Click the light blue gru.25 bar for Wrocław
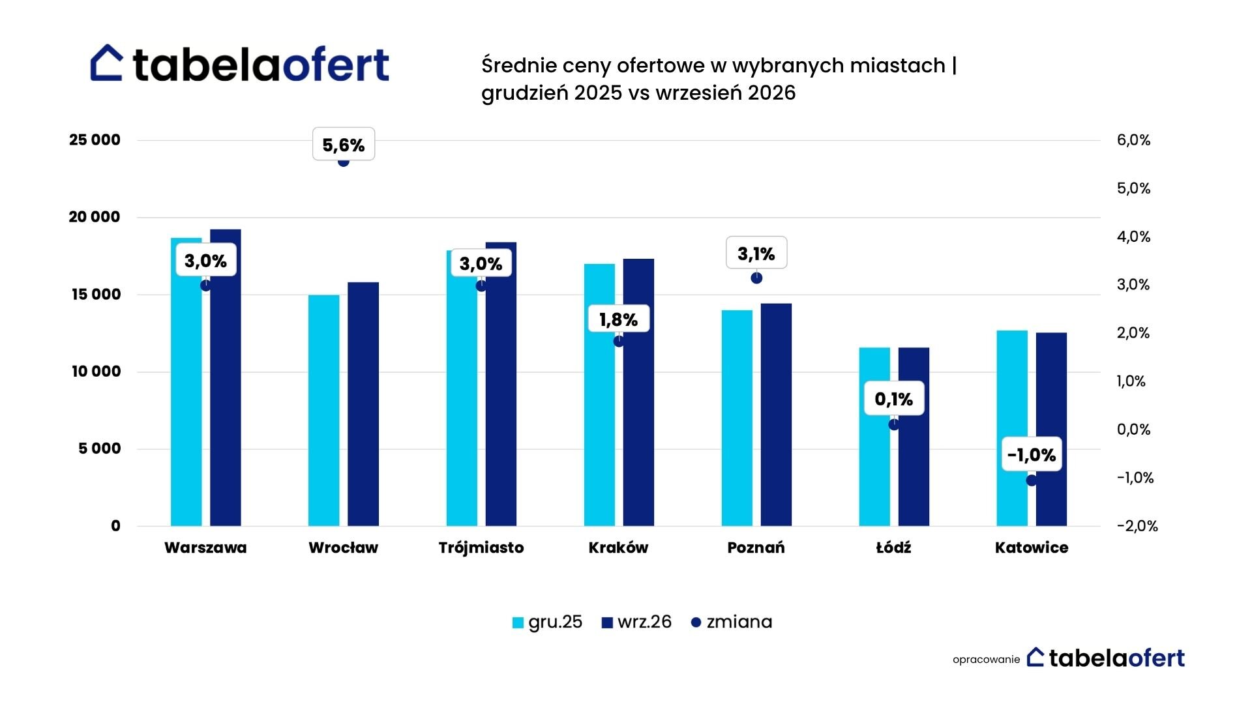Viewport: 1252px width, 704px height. tap(324, 411)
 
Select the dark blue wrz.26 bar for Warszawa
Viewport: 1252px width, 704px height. tap(226, 377)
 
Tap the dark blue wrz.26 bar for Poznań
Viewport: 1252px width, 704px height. tap(776, 415)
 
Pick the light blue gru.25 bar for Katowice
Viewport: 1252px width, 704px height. tap(1012, 428)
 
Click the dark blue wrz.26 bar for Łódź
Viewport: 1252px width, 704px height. tap(914, 437)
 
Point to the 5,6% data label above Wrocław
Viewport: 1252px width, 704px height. tap(344, 144)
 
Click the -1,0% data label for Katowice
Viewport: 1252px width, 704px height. tap(1032, 454)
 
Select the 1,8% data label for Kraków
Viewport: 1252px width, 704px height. tap(619, 319)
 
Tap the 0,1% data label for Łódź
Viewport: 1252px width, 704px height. tap(894, 399)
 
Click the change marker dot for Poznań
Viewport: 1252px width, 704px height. tap(756, 278)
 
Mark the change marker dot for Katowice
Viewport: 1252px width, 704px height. tap(1032, 480)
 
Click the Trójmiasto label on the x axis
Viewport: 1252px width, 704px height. tap(481, 548)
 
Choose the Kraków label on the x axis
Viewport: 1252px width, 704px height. tap(619, 548)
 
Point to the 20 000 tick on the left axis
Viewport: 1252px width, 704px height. tap(95, 217)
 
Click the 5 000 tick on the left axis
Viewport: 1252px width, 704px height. tap(100, 448)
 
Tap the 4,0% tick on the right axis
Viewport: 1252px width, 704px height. tap(1133, 237)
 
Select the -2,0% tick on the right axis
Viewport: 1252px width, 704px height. tap(1137, 526)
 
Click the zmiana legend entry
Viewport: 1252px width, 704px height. tap(732, 622)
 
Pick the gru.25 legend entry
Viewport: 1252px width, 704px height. tap(547, 622)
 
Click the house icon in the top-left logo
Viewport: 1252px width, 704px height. tap(107, 63)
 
